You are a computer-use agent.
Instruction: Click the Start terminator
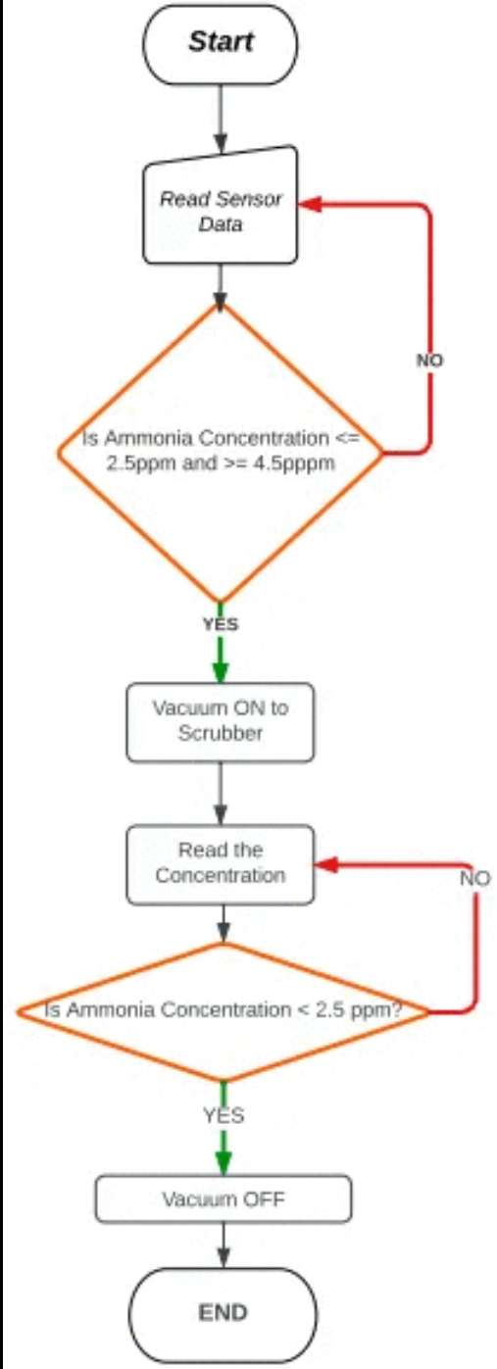click(x=221, y=42)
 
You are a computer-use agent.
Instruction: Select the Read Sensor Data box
click(x=221, y=211)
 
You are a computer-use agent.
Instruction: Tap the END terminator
click(x=224, y=1313)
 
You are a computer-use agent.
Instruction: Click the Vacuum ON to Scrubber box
click(x=221, y=721)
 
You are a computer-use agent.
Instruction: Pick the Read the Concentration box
click(x=221, y=863)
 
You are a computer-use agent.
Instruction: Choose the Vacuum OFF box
click(x=223, y=1199)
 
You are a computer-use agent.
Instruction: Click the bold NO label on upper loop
click(x=429, y=361)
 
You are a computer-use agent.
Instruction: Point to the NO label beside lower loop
click(x=474, y=878)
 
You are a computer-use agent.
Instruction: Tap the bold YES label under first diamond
click(x=220, y=623)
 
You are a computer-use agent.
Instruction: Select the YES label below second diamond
click(x=224, y=1115)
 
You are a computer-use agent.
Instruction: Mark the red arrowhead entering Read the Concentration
click(x=324, y=865)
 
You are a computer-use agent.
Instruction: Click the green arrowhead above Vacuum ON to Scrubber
click(x=221, y=670)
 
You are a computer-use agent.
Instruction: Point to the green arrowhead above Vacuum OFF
click(x=224, y=1162)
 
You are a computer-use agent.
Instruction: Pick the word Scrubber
click(x=221, y=733)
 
